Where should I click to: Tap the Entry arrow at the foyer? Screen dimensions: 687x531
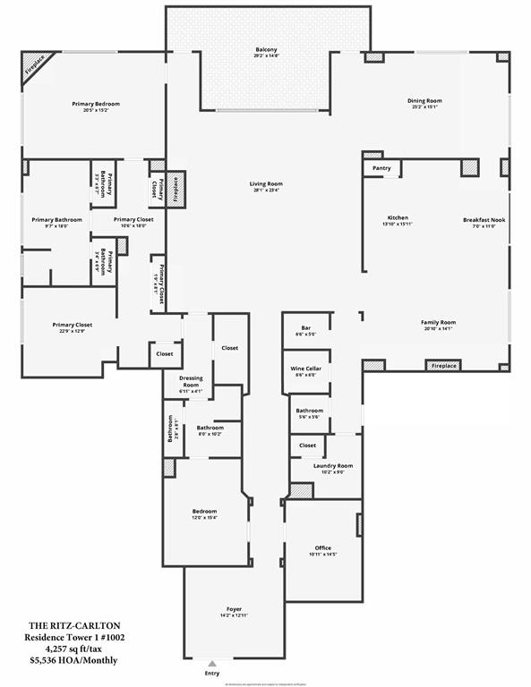tap(210, 665)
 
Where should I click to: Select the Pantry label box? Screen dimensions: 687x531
tap(381, 166)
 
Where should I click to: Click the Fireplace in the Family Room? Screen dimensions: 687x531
tap(444, 366)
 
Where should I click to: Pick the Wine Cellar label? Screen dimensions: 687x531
tap(305, 369)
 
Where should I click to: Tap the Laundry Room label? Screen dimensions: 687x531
tap(332, 466)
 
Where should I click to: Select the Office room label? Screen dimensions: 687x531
tap(322, 547)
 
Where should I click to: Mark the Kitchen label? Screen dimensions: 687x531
tap(398, 217)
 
